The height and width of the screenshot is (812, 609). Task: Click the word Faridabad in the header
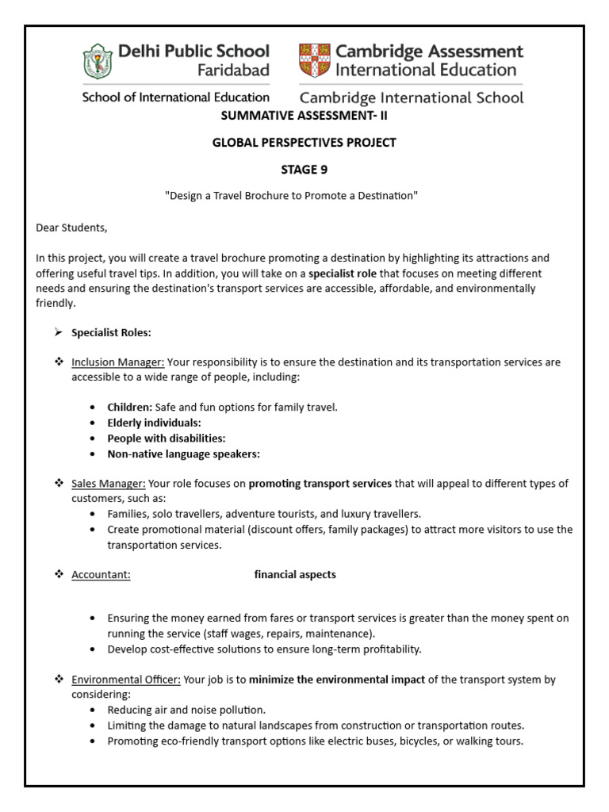coord(234,70)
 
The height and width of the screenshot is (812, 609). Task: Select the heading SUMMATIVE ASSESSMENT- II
coord(304,116)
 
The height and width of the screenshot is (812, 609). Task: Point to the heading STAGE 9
coord(304,169)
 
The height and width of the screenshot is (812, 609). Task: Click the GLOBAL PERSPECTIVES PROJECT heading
coord(304,143)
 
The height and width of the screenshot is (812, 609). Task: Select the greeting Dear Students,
coord(71,228)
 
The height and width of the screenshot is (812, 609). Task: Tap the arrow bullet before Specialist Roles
coord(58,332)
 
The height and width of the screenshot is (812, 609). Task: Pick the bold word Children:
coord(130,408)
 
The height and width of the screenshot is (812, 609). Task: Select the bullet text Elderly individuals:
coord(154,423)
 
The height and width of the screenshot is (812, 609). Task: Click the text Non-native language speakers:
coord(184,454)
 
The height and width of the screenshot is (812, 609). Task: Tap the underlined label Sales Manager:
coord(109,484)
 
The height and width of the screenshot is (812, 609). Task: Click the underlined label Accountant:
coord(101,575)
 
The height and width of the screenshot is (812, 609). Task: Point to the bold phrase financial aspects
coord(295,575)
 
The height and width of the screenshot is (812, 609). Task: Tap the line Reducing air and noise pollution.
coord(186,710)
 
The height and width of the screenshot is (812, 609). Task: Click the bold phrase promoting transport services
coord(320,484)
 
